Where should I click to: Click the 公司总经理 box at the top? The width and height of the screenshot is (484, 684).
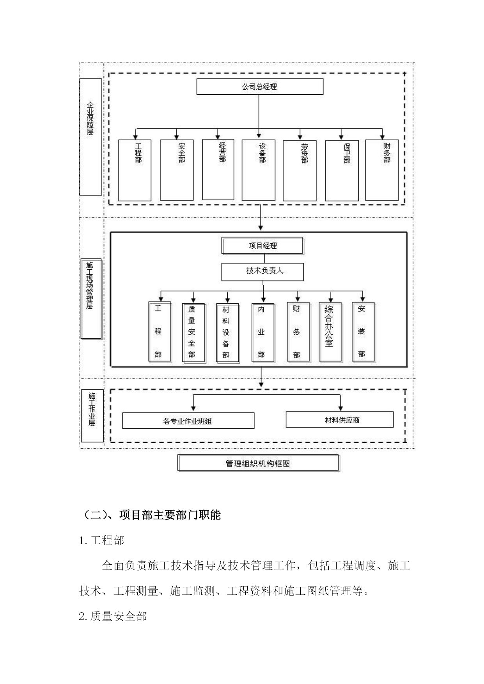coord(260,87)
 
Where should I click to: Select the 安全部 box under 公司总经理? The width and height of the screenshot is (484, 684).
coord(177,170)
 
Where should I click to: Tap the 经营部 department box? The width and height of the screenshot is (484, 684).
coord(218,170)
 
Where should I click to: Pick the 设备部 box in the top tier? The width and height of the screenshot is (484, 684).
coord(259,170)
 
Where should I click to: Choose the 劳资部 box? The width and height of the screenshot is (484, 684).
coord(300,170)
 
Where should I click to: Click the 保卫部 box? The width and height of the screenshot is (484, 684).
coord(342,170)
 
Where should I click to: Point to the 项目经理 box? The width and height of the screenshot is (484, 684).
coord(262,246)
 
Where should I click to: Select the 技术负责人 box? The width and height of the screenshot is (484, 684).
coord(262,272)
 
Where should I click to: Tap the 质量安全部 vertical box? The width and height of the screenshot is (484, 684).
coord(194,333)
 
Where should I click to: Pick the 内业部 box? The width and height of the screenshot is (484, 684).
coord(263,332)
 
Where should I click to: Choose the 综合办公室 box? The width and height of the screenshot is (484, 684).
coord(330,332)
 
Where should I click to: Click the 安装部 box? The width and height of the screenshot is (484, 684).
coord(363,332)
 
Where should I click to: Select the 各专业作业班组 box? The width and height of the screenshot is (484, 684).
coord(188,421)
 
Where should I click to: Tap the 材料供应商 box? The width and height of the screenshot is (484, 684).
coord(340,420)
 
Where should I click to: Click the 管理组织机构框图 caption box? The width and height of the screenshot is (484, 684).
coord(259,463)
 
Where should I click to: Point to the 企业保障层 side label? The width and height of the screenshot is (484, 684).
coord(90,136)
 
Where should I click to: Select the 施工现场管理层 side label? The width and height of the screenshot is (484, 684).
coord(91,299)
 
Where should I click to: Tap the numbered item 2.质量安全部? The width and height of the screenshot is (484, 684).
coord(113,616)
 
